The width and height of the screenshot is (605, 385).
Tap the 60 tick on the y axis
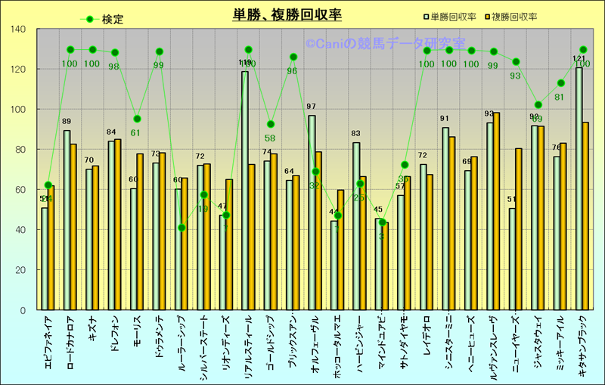(19, 190)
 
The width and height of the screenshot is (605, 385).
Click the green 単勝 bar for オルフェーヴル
(312, 213)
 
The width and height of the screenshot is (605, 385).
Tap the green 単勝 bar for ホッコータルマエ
(334, 265)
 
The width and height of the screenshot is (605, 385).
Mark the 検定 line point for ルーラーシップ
(181, 228)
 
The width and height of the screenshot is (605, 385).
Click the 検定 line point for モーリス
(137, 119)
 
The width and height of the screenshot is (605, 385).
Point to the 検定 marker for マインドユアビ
(383, 222)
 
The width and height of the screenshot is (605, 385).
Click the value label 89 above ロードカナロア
(67, 122)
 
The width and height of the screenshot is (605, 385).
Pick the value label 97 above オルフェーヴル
(312, 107)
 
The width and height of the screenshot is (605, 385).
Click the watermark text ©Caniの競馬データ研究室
(386, 45)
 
